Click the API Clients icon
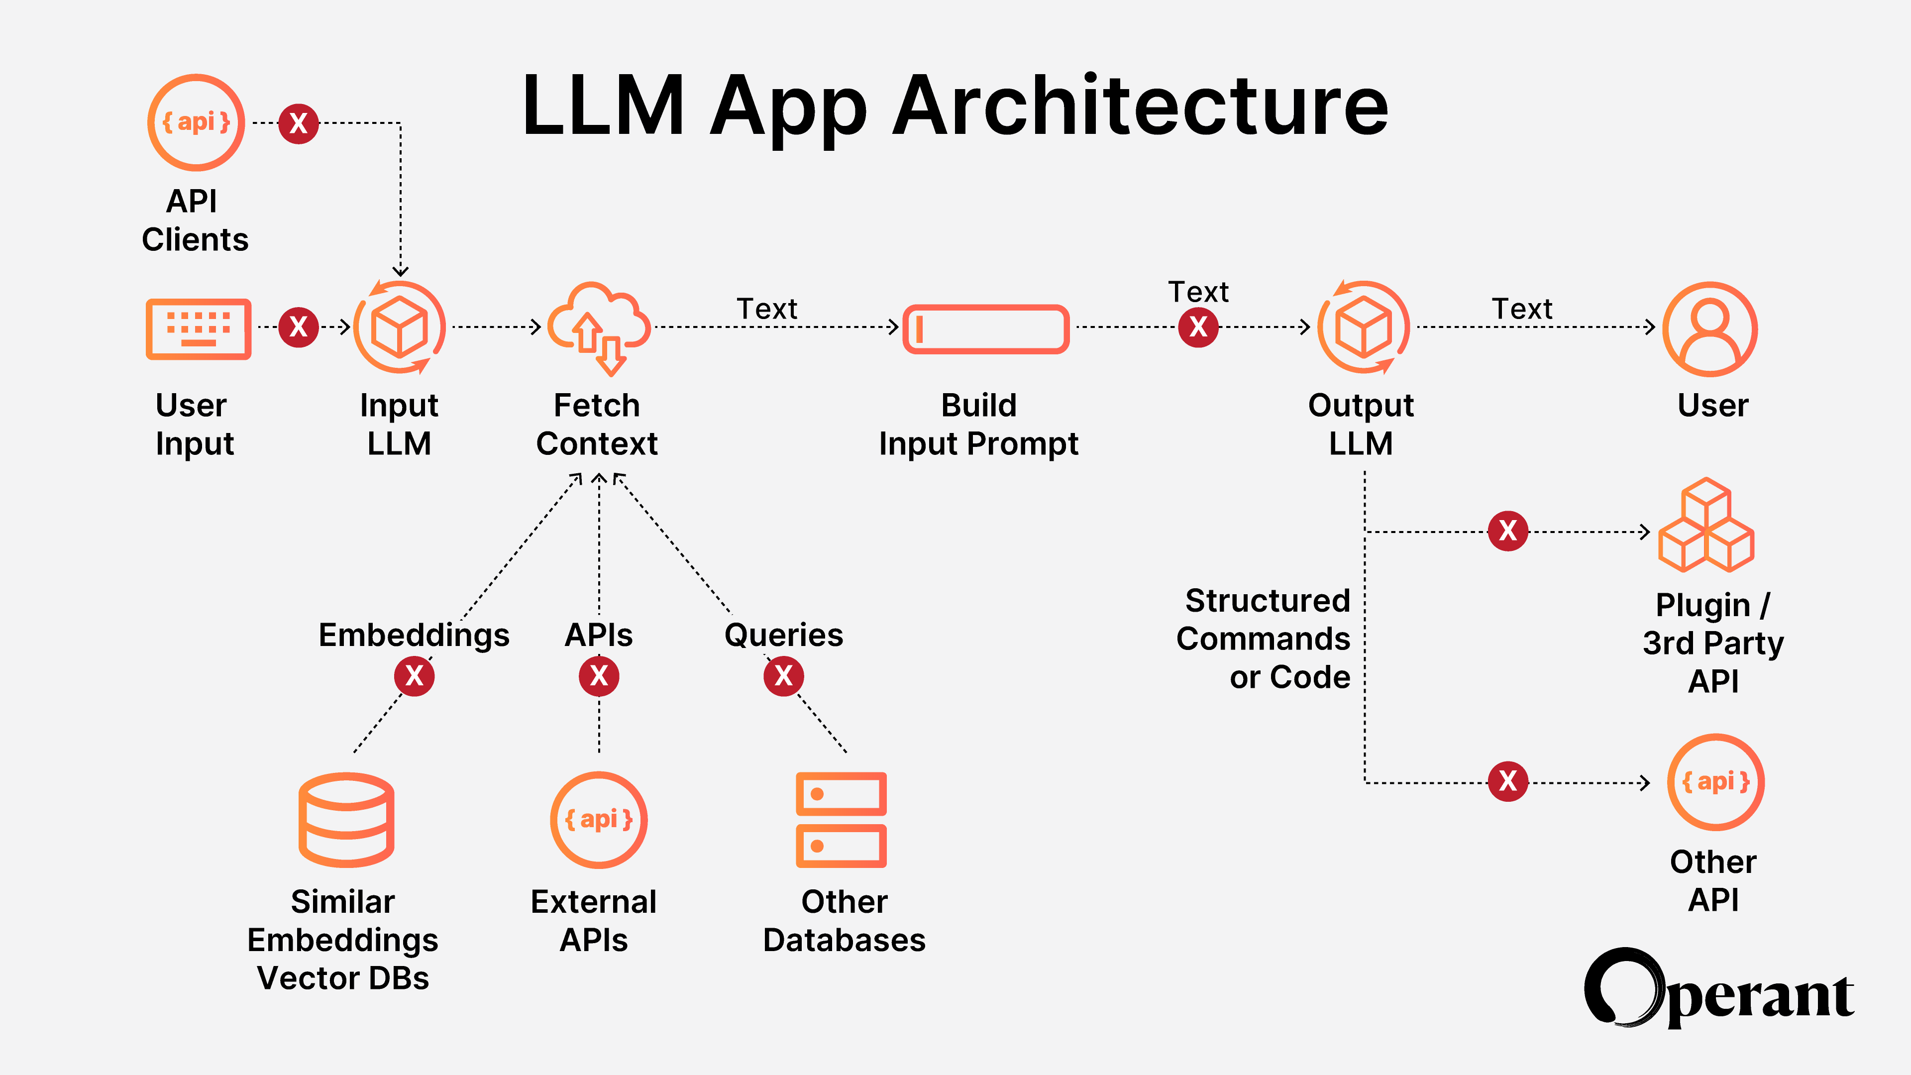pos(196,122)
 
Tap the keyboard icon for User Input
pos(198,328)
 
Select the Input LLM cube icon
pos(399,327)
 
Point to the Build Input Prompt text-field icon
pos(985,328)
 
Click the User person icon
pos(1710,328)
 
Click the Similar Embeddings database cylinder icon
pos(346,820)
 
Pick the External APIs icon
pos(599,820)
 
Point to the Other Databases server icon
pos(841,820)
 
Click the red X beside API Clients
pos(298,123)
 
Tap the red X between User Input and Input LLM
pos(298,326)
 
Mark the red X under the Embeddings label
pos(414,676)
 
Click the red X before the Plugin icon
pos(1507,531)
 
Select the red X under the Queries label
pos(783,676)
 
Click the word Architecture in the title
pos(1140,106)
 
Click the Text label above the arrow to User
pos(1521,309)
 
